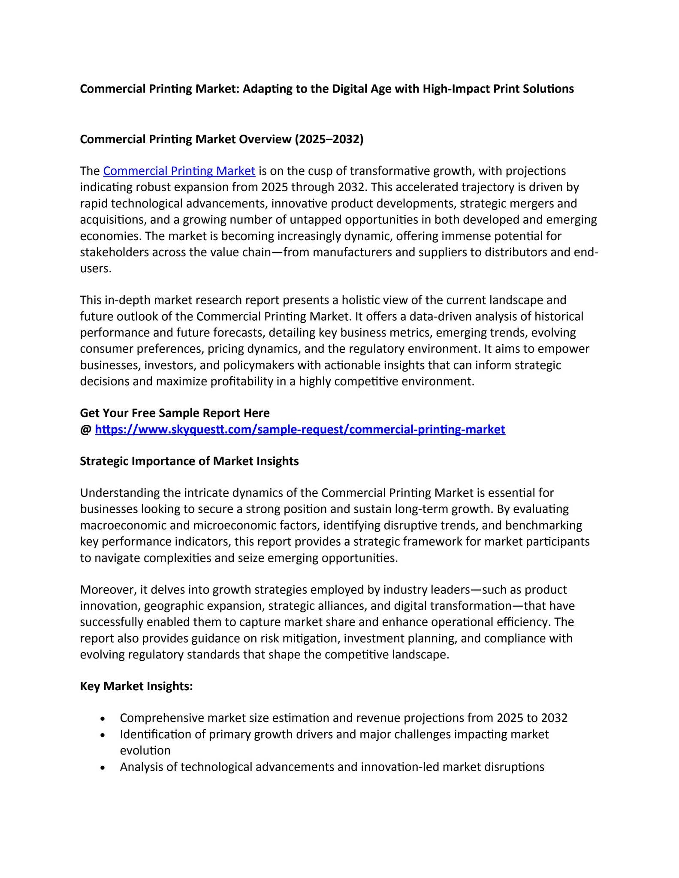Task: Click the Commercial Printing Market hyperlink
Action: pos(179,171)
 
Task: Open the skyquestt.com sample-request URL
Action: pos(300,429)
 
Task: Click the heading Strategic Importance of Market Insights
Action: pos(189,461)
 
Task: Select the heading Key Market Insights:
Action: pos(136,686)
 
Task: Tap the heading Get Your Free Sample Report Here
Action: pos(175,413)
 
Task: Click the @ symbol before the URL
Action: pos(85,430)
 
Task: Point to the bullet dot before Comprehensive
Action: pos(102,719)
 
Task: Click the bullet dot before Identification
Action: pos(102,735)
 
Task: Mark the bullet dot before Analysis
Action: pos(102,767)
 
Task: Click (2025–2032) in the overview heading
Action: pos(329,139)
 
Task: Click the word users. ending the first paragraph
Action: pos(96,269)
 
